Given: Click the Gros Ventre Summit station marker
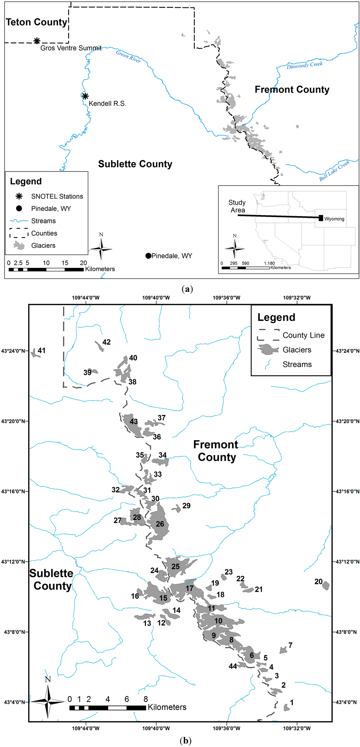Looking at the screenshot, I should click(x=37, y=41).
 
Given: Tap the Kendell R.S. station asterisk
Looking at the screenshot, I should click(x=85, y=96).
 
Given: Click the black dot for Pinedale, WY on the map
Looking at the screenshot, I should click(x=148, y=256).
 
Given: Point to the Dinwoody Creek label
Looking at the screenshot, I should click(x=304, y=65).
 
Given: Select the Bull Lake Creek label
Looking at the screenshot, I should click(x=334, y=170).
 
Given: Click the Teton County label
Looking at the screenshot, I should click(x=36, y=22).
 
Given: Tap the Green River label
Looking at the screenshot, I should click(x=129, y=56).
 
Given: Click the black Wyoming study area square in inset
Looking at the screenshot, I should click(x=321, y=218).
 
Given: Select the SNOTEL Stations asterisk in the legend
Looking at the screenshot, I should click(x=19, y=196).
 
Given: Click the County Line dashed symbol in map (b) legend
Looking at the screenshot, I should click(x=268, y=335).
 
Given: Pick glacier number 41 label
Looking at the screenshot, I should click(x=41, y=350).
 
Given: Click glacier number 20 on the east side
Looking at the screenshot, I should click(x=326, y=586).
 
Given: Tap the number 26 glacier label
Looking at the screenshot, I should click(x=160, y=524).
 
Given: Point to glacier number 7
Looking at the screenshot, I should click(x=283, y=650).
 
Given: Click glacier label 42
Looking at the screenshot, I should click(x=106, y=342).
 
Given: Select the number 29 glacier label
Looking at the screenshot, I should click(x=186, y=505).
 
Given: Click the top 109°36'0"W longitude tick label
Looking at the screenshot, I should click(x=226, y=298).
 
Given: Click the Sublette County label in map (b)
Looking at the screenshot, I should click(x=51, y=580).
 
